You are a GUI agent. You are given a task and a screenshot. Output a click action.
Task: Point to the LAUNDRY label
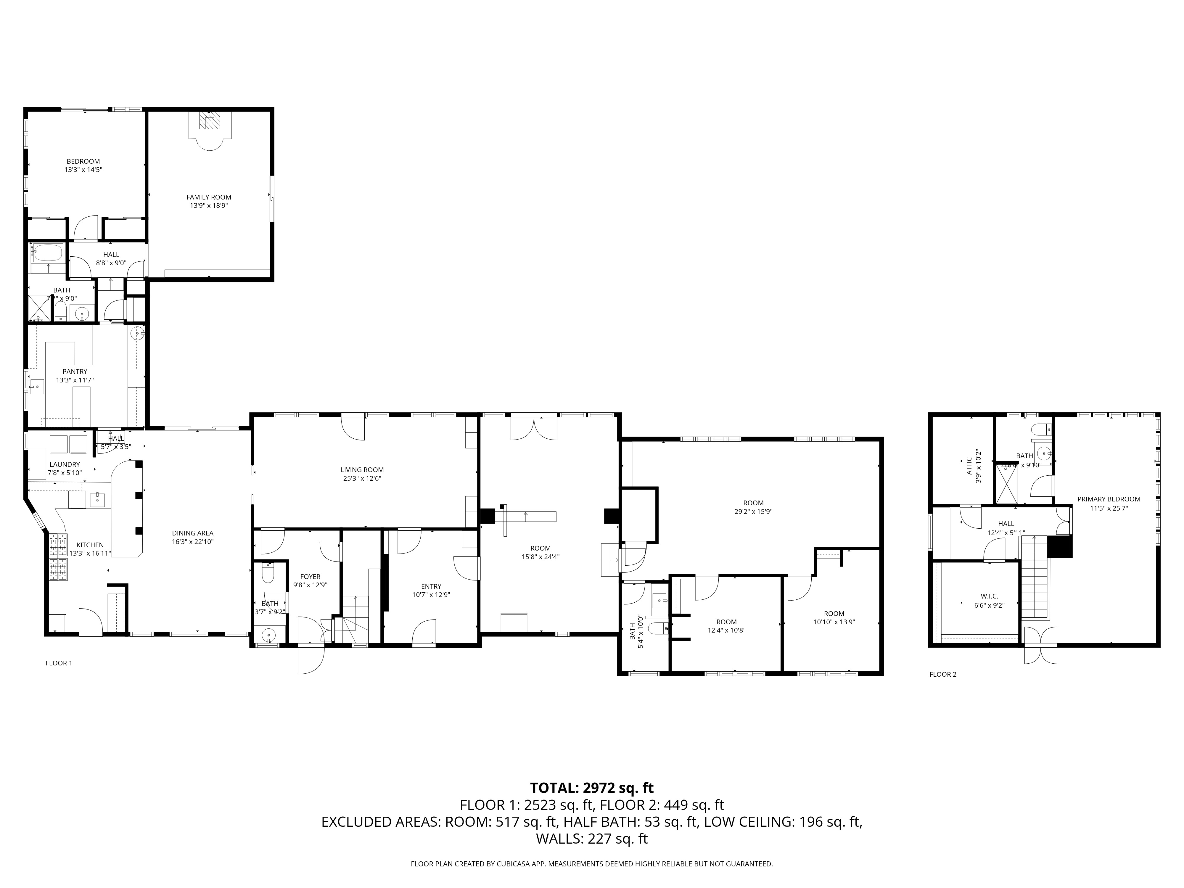[x=65, y=465]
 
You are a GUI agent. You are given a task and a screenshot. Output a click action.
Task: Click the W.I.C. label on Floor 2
[x=989, y=596]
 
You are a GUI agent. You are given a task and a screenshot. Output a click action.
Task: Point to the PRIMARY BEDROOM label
[x=1109, y=499]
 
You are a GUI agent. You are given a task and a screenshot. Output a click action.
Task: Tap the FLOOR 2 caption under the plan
[x=942, y=674]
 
